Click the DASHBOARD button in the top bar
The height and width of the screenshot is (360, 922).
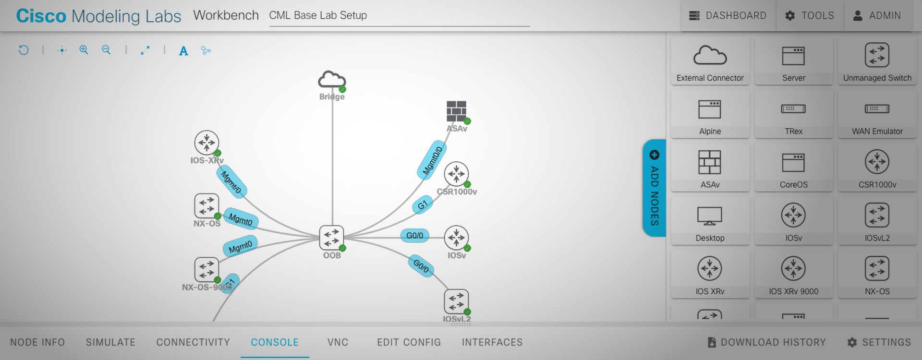pos(728,16)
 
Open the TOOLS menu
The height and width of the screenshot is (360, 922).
pos(810,16)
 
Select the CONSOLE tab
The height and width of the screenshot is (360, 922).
pos(275,342)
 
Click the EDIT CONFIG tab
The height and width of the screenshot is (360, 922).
pos(409,342)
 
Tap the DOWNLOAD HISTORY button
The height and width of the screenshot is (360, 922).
pos(767,342)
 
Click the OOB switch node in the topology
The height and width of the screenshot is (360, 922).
pos(332,238)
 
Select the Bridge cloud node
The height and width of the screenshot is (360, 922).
pos(332,80)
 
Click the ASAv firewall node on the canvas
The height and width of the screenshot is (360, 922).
pos(456,111)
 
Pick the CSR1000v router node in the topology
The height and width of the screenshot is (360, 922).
pos(456,174)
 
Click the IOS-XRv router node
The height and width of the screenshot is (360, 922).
pos(207,143)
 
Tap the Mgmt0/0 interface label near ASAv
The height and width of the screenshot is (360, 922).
pos(432,160)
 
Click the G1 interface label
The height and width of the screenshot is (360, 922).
pos(423,205)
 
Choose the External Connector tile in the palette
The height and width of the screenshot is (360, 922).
pos(710,61)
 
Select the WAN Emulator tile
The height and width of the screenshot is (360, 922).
pos(877,115)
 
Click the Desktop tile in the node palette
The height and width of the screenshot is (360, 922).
pos(710,221)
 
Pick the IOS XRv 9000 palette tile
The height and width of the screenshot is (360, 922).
pos(793,275)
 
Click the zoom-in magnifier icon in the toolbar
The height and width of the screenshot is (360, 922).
pos(84,50)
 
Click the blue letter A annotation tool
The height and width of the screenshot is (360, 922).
pos(183,51)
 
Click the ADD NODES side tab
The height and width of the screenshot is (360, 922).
pos(654,188)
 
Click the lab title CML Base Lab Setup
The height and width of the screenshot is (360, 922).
pos(318,15)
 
